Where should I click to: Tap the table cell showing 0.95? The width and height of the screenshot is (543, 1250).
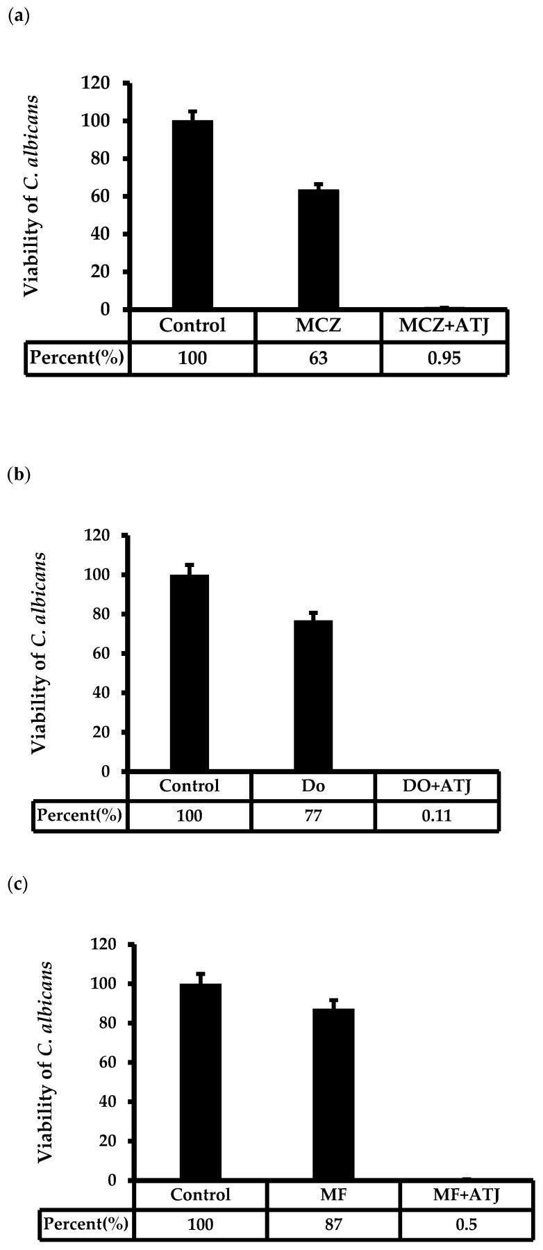coord(443,359)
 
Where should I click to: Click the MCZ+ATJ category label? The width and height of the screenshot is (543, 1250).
coord(443,325)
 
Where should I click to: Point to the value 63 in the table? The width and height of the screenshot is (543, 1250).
coord(318,359)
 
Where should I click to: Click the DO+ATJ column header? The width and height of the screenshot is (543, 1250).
coord(437,786)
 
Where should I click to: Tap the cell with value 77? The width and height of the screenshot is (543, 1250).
coord(313,815)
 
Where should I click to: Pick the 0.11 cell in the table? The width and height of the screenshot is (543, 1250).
coord(437,815)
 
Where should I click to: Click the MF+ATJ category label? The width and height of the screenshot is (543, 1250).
coord(466,1195)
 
